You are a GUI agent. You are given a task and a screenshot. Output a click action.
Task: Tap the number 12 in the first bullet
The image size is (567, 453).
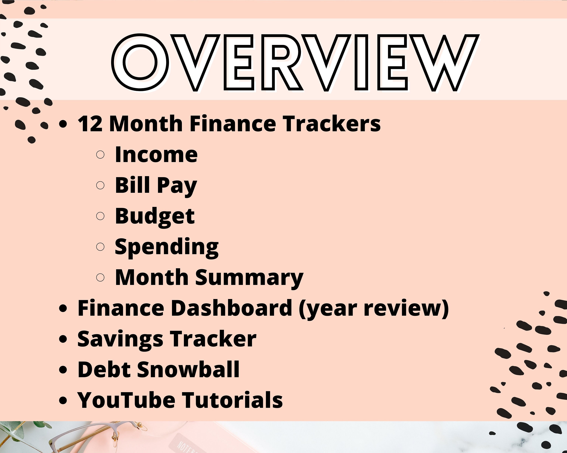[90, 124]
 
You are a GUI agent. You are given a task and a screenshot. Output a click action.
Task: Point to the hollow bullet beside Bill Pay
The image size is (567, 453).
[100, 185]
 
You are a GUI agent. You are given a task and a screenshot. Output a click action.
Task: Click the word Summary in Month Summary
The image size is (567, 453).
[249, 278]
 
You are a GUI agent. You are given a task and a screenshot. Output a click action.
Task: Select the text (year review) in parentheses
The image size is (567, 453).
[374, 309]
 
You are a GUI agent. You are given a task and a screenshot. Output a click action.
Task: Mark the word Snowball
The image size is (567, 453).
[188, 370]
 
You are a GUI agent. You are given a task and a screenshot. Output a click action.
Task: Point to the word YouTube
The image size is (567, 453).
[126, 400]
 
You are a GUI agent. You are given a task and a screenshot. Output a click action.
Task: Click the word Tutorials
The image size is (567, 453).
[232, 400]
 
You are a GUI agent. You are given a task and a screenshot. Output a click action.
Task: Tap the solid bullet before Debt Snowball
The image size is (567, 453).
[63, 370]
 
